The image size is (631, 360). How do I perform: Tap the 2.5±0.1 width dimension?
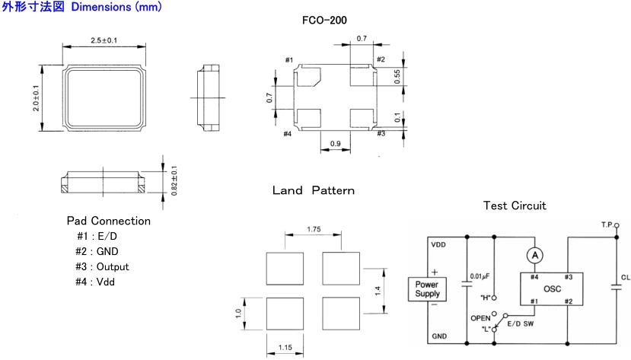103,40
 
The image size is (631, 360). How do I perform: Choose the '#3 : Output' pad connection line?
103,266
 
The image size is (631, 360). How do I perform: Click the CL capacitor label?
625,279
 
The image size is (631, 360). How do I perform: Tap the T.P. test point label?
608,226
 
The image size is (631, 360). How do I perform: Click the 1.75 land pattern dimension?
313,228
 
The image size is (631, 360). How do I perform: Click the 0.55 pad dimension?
397,78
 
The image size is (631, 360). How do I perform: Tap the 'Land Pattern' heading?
313,190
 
